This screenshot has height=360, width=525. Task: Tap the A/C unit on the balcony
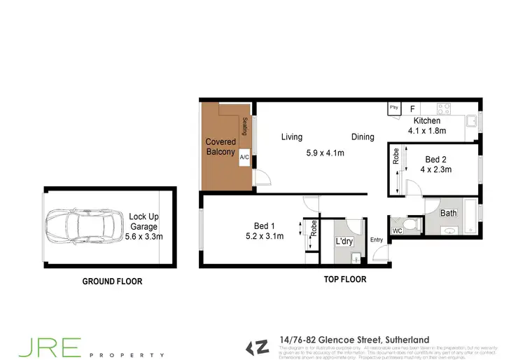click(244, 158)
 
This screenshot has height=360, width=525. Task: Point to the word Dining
click(363, 137)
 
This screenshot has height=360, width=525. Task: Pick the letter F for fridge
click(412, 109)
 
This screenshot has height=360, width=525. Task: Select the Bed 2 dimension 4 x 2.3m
click(435, 169)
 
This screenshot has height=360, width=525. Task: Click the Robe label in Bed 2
click(396, 156)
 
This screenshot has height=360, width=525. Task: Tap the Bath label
click(448, 213)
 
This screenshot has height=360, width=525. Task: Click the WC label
click(397, 230)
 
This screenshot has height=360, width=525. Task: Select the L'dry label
click(343, 242)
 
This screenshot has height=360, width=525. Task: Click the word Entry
click(377, 240)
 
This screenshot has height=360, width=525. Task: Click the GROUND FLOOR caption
click(112, 282)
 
